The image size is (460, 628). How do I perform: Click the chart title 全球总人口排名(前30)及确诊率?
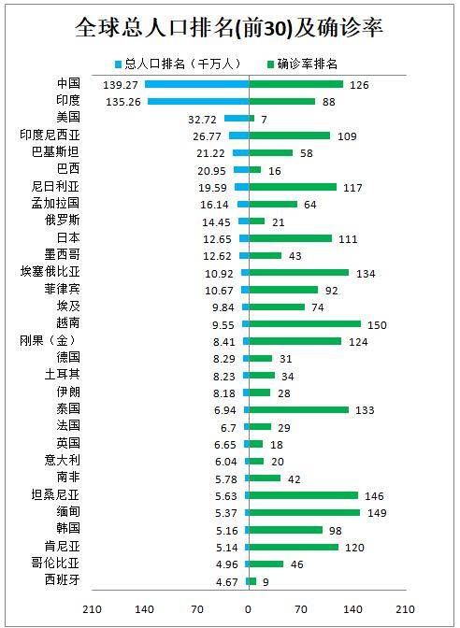pos(229,28)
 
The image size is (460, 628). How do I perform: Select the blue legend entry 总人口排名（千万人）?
pos(179,64)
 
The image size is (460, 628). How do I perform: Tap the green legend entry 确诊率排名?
pos(303,64)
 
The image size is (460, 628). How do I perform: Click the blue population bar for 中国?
pos(196,84)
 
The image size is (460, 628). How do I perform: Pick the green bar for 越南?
pos(305,324)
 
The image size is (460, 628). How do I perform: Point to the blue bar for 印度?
pos(198,101)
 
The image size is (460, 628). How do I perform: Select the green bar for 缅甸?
pos(305,513)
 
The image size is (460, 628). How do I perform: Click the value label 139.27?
pos(121,85)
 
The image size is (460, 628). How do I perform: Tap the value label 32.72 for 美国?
pos(202,120)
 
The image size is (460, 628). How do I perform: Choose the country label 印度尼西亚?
pos(50,135)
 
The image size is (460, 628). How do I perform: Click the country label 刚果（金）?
pos(48,341)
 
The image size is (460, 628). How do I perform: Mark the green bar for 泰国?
pos(299,409)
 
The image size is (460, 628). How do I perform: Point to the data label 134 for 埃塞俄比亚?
pos(366,274)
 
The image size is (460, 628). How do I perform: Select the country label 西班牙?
pos(62,580)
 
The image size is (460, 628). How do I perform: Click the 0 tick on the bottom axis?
pos(249,609)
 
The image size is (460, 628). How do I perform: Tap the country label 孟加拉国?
pos(56,203)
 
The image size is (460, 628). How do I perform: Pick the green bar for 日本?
pos(291,238)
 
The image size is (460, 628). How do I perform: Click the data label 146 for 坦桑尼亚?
pos(374,496)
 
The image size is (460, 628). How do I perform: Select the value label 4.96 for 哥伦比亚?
pos(227,564)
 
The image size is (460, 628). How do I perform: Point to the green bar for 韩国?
pos(286,530)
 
